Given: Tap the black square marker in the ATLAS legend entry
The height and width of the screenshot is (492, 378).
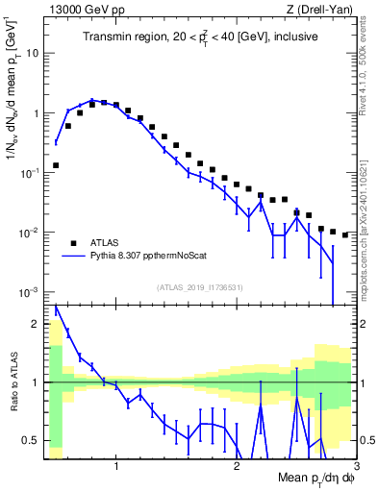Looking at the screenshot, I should [72, 242].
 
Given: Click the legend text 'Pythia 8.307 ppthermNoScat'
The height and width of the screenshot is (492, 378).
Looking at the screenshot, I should [153, 257].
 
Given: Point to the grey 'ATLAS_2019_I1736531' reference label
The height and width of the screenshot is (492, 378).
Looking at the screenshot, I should [200, 287].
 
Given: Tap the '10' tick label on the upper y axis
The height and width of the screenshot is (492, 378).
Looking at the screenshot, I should [33, 53].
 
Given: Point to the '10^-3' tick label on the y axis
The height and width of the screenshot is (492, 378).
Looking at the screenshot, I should [29, 292].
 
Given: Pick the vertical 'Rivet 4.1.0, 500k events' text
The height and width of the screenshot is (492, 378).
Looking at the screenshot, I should [367, 68].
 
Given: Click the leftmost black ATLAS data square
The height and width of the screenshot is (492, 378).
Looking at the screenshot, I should [56, 165].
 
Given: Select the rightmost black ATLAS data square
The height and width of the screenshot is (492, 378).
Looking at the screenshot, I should [345, 234].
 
